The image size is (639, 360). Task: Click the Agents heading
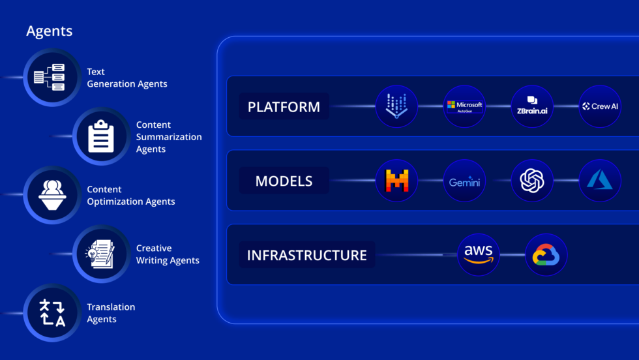(49, 31)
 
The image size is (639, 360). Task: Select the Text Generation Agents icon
(50, 78)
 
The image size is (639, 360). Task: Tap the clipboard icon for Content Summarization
(100, 136)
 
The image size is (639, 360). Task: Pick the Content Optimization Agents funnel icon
(50, 195)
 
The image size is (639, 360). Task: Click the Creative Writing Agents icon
(100, 254)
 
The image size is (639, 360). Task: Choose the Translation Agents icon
(52, 312)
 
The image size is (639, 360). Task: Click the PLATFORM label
(284, 106)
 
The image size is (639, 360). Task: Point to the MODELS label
(284, 181)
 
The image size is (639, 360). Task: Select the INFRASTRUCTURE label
(306, 255)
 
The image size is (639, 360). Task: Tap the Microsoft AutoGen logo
(464, 106)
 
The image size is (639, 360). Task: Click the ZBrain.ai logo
(532, 106)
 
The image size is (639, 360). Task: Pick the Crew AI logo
(600, 106)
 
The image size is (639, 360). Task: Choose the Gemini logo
(464, 181)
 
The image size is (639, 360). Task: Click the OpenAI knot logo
(532, 181)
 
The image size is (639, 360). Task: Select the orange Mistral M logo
(396, 181)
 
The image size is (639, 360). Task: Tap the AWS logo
(479, 255)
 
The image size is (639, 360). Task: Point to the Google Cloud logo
(546, 255)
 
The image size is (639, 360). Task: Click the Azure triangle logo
(600, 181)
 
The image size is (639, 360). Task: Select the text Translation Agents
(111, 313)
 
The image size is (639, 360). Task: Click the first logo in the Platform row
(396, 106)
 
